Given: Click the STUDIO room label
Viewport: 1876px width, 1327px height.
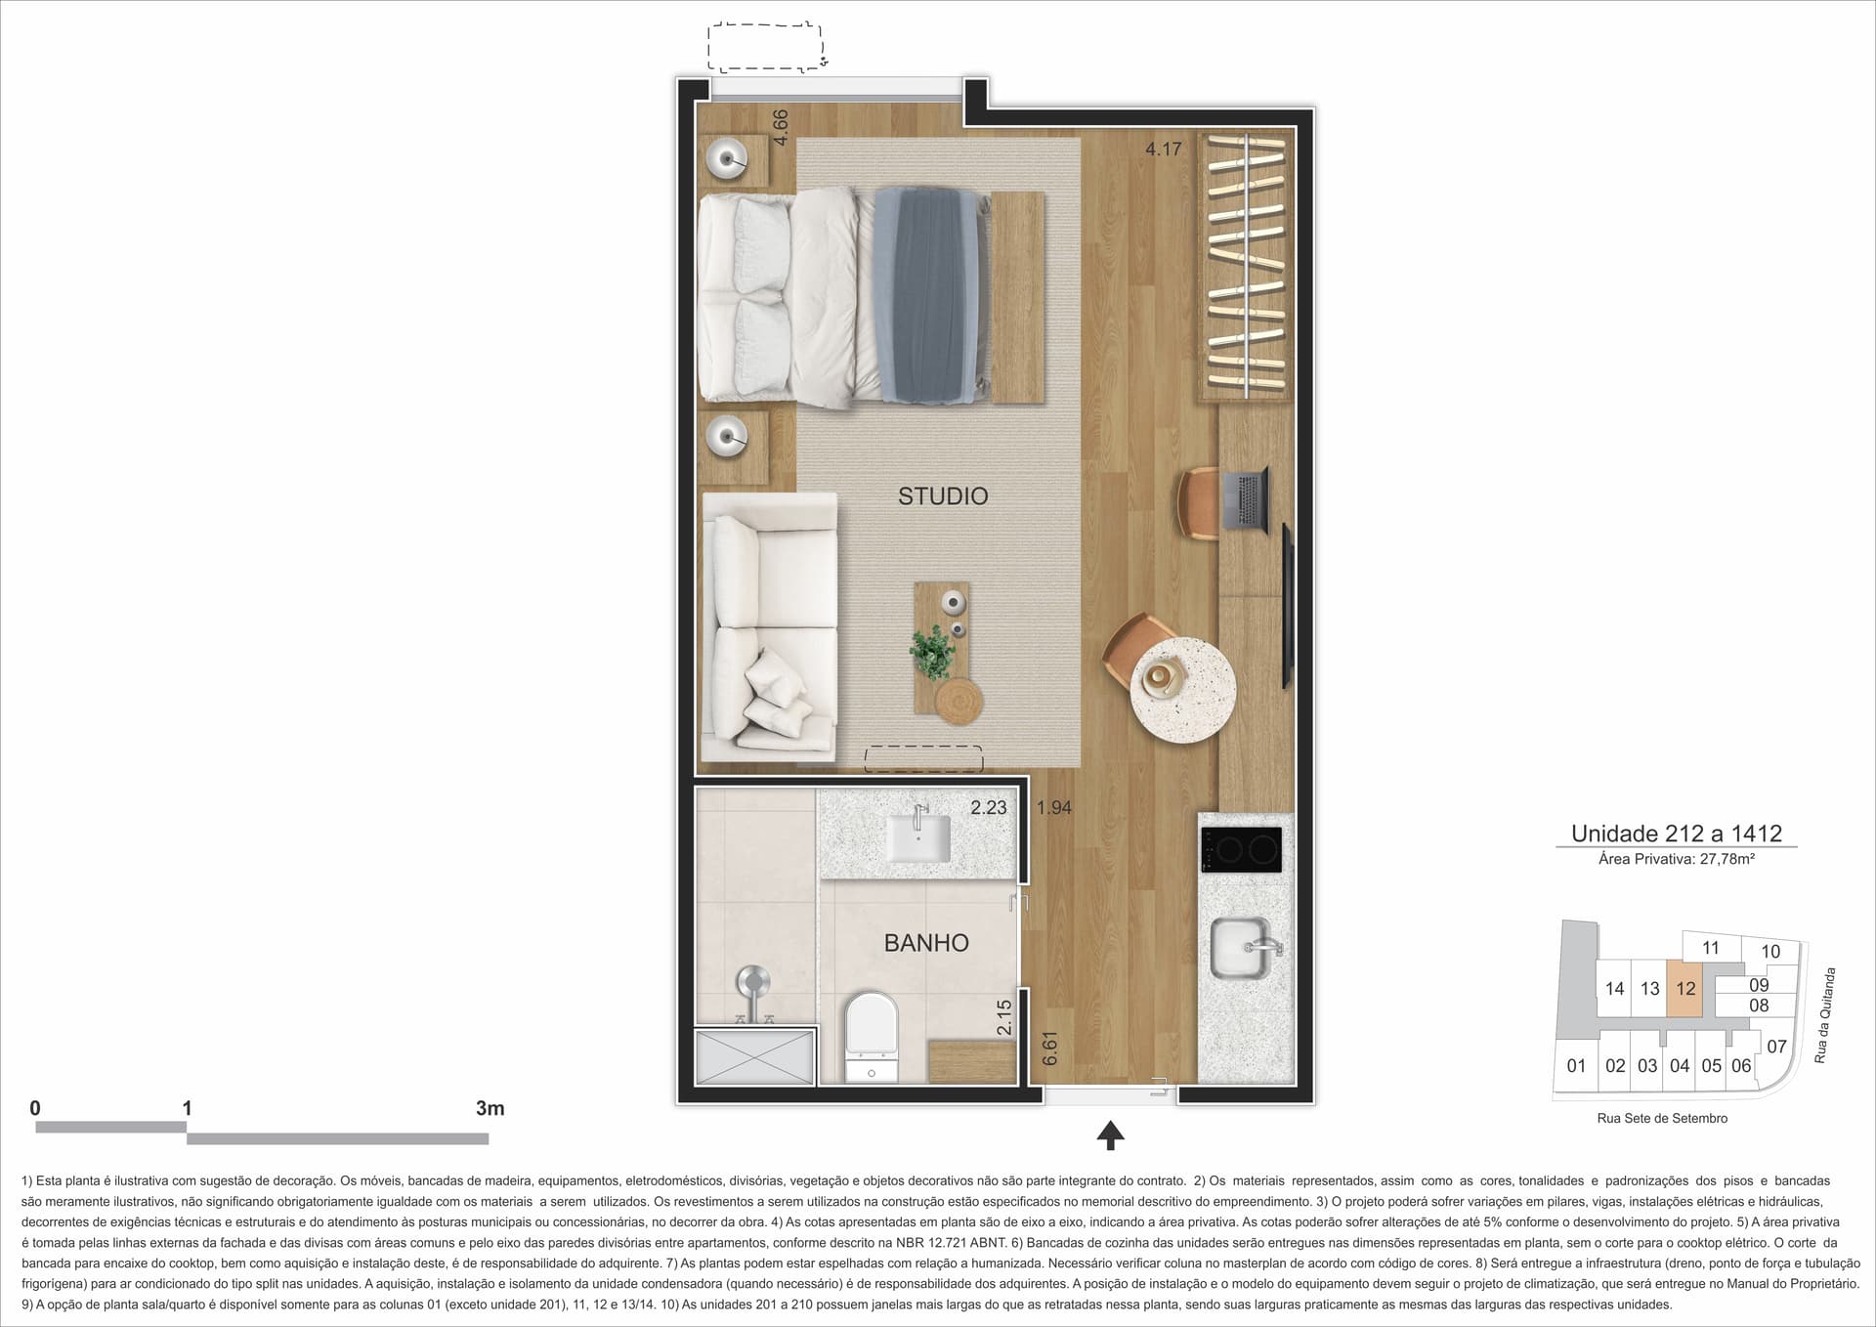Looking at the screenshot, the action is point(943,496).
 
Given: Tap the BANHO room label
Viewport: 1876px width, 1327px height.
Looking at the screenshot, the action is point(926,943).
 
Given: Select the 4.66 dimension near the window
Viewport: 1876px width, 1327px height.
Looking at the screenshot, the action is point(780,127).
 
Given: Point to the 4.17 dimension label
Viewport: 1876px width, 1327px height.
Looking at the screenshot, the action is point(1164,150).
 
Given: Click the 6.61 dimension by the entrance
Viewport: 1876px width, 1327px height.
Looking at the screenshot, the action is point(1050,1049).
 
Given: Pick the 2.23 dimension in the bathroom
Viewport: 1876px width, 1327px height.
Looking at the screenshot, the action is point(989,808).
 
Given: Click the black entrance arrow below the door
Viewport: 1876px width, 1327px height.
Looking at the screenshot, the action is point(1110,1134).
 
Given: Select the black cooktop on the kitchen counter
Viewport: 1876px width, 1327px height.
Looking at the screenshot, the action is point(1241,849).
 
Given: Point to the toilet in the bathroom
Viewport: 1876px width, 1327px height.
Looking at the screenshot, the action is point(871,1037).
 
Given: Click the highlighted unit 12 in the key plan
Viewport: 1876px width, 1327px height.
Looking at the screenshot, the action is point(1685,989).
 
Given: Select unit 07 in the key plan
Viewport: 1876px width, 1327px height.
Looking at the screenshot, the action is point(1776,1047).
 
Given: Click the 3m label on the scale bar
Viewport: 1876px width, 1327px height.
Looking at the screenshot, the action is point(490,1108).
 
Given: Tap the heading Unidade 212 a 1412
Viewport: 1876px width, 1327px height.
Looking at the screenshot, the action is point(1677,834).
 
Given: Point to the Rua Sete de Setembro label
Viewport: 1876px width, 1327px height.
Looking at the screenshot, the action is point(1662,1118).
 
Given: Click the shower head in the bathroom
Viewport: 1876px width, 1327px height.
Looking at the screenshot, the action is point(753,982).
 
